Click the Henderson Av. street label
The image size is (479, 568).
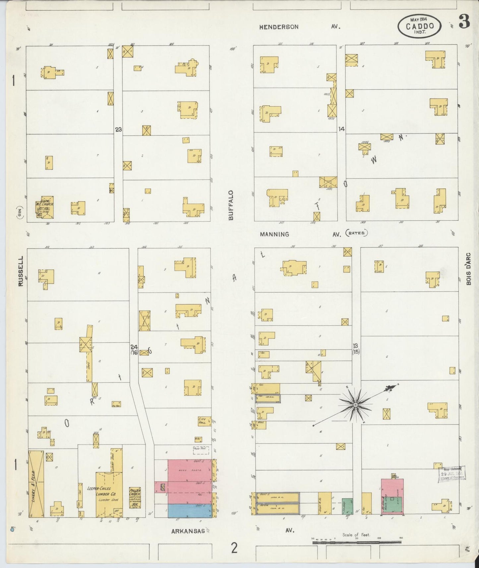click(279, 27)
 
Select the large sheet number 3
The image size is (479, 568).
click(464, 22)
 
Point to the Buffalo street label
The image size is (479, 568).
click(231, 205)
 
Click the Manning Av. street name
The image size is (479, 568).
click(274, 234)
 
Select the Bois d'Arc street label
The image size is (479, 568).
click(468, 268)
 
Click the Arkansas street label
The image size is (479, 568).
click(187, 531)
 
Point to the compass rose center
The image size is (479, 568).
click(355, 405)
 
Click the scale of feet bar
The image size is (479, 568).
click(357, 542)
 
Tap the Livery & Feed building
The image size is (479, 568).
click(36, 483)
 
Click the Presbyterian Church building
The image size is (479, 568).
click(135, 497)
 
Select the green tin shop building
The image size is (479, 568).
click(347, 506)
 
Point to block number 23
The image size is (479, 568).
click(118, 130)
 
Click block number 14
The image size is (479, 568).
click(341, 129)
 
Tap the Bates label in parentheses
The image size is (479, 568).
click(356, 233)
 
